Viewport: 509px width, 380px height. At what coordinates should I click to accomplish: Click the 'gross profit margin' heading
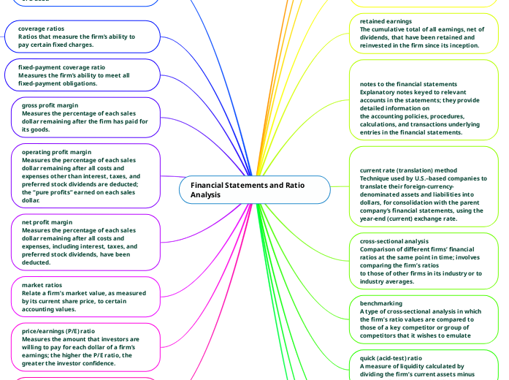(50, 105)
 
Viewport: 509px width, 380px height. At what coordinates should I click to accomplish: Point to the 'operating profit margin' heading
(56, 152)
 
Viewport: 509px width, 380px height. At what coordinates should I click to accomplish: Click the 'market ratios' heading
(42, 284)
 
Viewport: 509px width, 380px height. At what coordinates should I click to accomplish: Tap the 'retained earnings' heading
(386, 21)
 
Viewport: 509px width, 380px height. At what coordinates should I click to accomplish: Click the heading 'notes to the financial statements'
(408, 84)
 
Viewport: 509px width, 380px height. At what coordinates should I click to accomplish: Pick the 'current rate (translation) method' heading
(408, 170)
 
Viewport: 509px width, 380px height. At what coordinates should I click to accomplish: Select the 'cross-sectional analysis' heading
(394, 241)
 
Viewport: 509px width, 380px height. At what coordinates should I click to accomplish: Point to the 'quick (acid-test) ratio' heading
(391, 358)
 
